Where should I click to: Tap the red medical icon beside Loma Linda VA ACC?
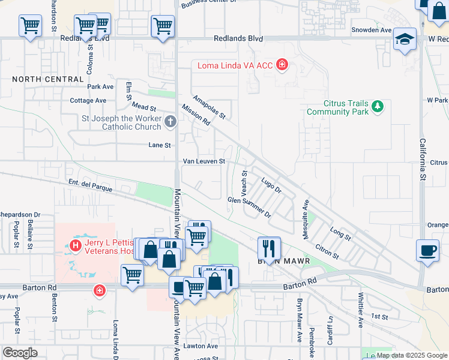pyautogui.click(x=282, y=65)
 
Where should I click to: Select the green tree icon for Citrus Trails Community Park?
pyautogui.click(x=377, y=107)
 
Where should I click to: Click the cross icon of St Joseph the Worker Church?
pyautogui.click(x=170, y=122)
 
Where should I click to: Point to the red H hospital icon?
pyautogui.click(x=76, y=245)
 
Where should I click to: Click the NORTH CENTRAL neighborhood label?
pyautogui.click(x=47, y=79)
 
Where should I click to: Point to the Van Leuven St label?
pyautogui.click(x=204, y=161)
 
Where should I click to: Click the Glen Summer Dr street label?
pyautogui.click(x=250, y=206)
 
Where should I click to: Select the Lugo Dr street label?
pyautogui.click(x=271, y=185)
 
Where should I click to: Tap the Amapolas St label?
pyautogui.click(x=208, y=106)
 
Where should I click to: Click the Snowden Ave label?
pyautogui.click(x=372, y=29)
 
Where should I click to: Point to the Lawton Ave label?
pyautogui.click(x=200, y=346)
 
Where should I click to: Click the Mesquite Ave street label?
pyautogui.click(x=306, y=220)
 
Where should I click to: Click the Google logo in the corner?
pyautogui.click(x=20, y=353)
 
